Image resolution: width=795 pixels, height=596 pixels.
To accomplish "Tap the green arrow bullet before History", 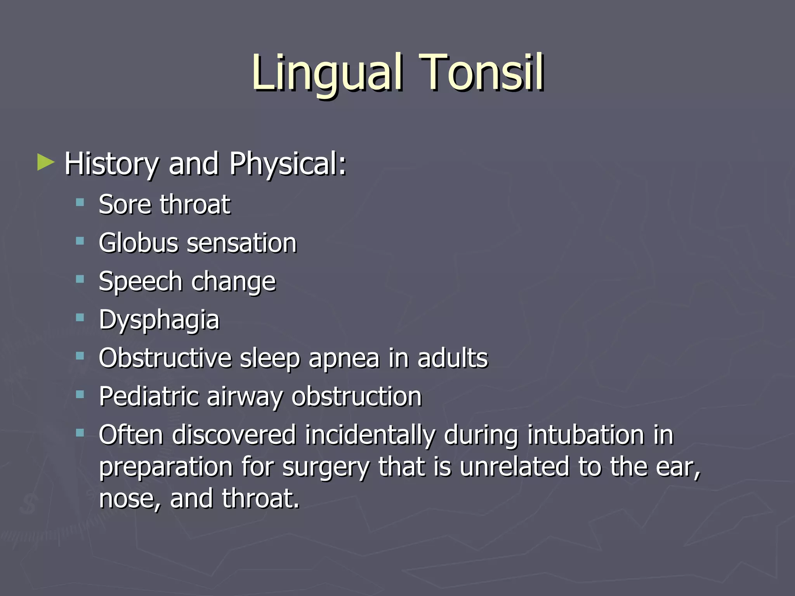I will (46, 163).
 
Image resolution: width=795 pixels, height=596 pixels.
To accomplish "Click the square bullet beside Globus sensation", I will (80, 241).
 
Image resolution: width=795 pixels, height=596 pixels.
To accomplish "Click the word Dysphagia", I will (159, 321).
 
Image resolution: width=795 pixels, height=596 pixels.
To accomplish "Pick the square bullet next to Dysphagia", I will (80, 318).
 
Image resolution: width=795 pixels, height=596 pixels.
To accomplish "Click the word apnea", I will (344, 359).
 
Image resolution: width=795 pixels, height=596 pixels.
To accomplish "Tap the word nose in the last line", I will (128, 499).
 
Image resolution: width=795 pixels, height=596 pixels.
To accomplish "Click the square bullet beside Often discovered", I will (80, 433).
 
